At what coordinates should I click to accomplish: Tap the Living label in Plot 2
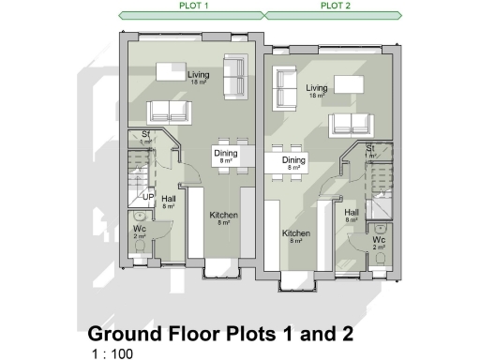317,89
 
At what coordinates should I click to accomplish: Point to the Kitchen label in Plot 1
223,216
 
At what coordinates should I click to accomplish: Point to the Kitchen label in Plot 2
296,233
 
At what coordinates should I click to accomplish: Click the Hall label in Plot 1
169,200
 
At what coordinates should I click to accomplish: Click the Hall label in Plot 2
352,214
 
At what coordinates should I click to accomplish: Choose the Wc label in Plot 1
140,231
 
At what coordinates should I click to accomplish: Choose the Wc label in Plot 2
379,241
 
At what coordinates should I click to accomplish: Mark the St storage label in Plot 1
146,136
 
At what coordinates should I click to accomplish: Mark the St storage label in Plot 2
371,149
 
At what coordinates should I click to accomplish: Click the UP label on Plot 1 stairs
148,197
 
